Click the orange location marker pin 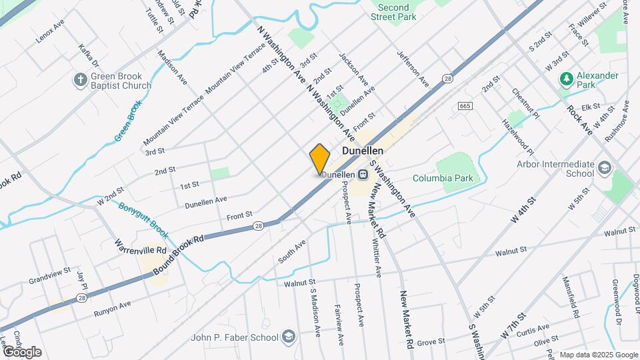(x=320, y=159)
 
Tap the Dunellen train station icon (x=363, y=175)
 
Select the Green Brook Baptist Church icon (x=80, y=80)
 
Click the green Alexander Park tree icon (x=567, y=80)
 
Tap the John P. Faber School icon (x=288, y=336)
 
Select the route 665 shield (x=465, y=106)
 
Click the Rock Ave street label (x=579, y=121)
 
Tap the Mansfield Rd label (x=571, y=296)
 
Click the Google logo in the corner (x=21, y=351)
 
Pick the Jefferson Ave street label (x=413, y=68)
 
